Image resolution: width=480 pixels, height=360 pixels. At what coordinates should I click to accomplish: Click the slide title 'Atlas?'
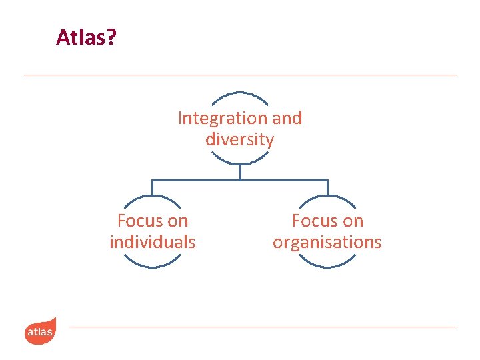[x=86, y=37]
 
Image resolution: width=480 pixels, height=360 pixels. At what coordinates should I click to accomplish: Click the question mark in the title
[x=111, y=37]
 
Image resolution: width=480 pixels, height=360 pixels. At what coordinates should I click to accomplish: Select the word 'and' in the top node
[x=287, y=119]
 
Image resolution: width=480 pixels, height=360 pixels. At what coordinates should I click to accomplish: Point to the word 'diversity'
[x=239, y=140]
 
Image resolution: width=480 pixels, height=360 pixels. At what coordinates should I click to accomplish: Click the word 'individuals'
[x=153, y=242]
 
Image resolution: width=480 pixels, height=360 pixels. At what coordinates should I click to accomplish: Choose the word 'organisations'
[x=327, y=242]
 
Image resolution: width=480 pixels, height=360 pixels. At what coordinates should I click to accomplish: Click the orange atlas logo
[x=40, y=331]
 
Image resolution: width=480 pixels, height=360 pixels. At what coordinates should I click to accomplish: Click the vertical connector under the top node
[x=240, y=172]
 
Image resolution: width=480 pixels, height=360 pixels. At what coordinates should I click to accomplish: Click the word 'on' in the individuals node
[x=179, y=221]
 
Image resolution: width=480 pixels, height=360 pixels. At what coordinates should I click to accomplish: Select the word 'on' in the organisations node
[x=353, y=221]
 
